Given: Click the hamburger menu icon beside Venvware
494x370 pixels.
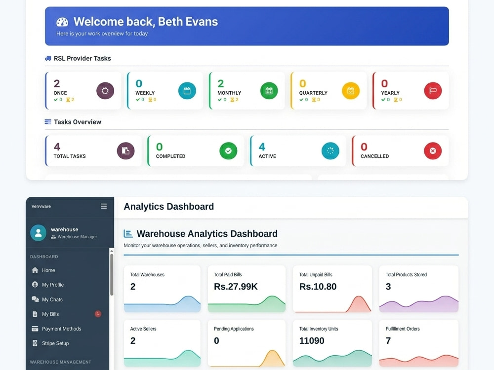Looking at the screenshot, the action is point(104,206).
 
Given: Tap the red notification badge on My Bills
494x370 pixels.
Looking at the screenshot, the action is point(98,314).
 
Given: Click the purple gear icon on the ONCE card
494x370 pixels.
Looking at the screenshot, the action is point(105,91).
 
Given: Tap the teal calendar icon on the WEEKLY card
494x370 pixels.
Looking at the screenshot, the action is point(187,91).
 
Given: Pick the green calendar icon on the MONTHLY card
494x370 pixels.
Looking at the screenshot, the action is point(269,91).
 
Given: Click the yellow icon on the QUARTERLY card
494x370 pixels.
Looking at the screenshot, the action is point(351,91).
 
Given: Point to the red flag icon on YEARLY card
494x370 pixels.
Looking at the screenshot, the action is point(433,91).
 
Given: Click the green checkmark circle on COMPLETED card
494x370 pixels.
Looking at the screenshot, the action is point(228,150).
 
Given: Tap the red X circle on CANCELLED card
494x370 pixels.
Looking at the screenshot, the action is point(433,150).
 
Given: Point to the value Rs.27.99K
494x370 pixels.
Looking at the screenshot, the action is point(236,287).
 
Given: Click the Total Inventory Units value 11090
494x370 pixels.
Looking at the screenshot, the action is point(312,341).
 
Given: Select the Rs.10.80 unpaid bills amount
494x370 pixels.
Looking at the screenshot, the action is point(318,287).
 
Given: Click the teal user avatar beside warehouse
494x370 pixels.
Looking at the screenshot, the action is point(39,233).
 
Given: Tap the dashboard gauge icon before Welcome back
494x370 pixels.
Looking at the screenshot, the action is point(62,22).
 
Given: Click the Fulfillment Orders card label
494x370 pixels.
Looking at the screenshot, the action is point(403,329).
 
